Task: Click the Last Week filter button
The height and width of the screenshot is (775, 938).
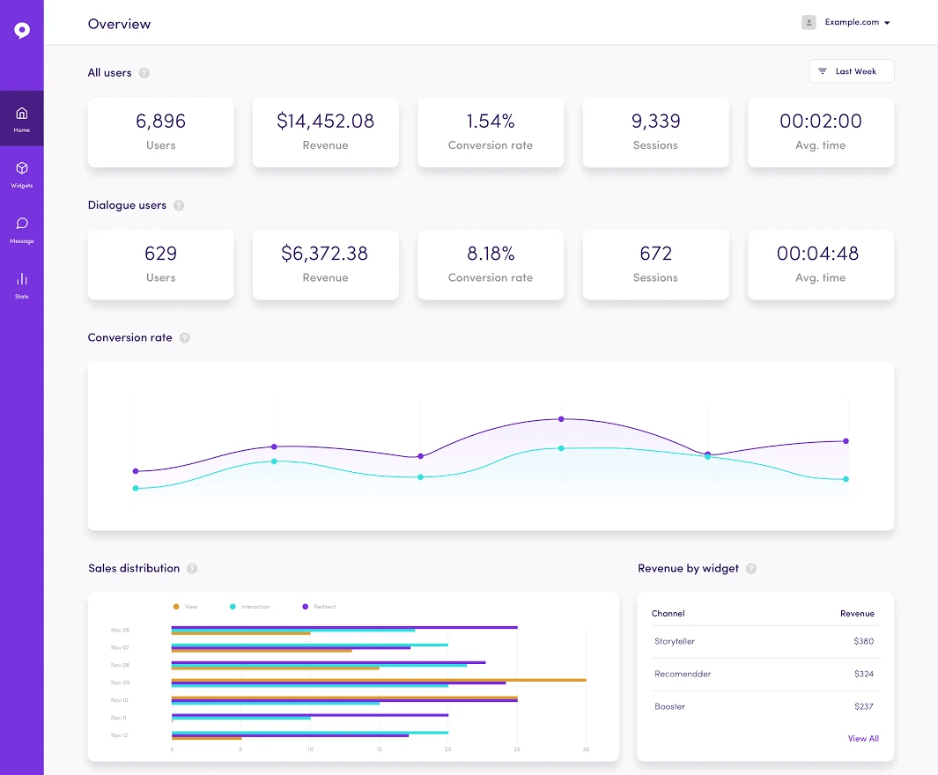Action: pos(851,71)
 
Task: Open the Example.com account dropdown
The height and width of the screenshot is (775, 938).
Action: pos(851,23)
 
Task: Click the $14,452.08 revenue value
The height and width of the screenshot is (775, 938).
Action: pos(325,122)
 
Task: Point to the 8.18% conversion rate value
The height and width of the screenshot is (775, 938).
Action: pos(491,254)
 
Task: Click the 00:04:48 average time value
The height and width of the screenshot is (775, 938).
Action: pos(820,254)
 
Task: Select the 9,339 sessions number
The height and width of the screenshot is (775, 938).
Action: pos(655,122)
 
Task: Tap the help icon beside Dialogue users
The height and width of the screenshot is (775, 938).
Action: pos(179,205)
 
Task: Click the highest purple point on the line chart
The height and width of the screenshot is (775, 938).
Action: pos(561,419)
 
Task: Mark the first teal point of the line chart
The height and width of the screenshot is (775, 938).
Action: pos(136,488)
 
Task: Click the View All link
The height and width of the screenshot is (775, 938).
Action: pos(863,739)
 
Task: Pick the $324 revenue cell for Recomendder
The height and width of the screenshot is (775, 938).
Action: pos(863,674)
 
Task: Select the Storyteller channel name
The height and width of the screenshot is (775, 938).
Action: pos(675,641)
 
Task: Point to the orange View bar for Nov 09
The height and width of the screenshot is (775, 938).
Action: pos(379,680)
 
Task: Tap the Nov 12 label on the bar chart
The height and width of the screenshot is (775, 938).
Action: pos(120,734)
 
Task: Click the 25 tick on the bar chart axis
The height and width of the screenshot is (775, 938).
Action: pos(517,749)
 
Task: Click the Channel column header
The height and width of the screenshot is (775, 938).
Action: pos(668,613)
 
